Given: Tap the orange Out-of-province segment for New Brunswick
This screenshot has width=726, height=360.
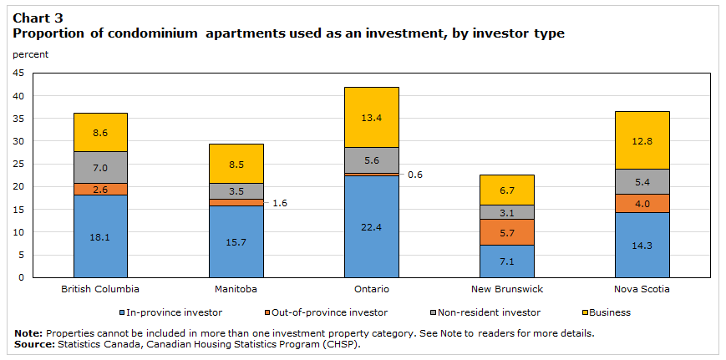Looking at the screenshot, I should pos(506,232).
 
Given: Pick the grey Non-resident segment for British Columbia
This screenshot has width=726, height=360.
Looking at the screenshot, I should pos(100,167).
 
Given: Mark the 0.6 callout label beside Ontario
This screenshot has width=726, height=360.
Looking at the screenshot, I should pos(415,175).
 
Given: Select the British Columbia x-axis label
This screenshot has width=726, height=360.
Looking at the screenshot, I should pos(100,288).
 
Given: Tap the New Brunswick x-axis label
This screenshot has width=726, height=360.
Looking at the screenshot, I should pos(506,288).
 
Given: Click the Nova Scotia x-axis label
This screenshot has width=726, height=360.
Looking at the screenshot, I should pos(642,288).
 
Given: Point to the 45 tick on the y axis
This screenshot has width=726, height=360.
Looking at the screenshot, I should pos(18,73).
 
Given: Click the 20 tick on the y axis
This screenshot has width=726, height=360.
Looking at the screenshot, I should pos(18,186).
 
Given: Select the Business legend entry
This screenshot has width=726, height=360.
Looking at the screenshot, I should pos(607,312).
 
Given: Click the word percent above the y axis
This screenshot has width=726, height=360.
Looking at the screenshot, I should pos(31,54).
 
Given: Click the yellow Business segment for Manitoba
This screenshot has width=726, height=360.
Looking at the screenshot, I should pos(236,163).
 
